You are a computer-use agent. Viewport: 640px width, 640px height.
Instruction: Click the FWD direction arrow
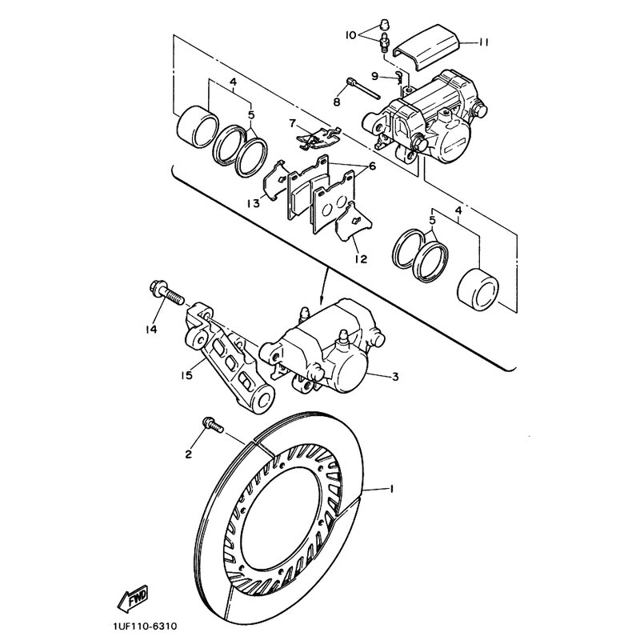point(133,598)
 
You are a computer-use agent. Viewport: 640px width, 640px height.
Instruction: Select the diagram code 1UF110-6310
point(145,626)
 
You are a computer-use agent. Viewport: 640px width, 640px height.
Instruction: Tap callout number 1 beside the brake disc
point(391,488)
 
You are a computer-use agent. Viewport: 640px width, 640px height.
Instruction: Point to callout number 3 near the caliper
point(395,376)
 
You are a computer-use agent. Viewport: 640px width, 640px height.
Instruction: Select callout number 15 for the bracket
point(186,374)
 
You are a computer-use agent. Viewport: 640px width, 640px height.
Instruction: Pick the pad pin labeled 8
point(364,89)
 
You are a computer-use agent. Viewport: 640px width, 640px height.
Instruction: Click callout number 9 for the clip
point(375,75)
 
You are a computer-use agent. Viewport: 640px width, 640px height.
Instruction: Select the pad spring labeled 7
point(318,137)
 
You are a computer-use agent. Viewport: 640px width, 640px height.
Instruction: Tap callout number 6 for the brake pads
point(372,166)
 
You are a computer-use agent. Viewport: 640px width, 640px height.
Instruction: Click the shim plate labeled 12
point(354,222)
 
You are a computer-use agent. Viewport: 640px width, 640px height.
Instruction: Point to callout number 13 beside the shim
point(254,203)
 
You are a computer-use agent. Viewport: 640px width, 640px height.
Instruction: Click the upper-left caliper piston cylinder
point(198,127)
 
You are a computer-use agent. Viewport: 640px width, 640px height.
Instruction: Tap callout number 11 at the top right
point(484,42)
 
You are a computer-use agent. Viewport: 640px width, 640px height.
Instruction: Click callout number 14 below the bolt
point(151,330)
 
